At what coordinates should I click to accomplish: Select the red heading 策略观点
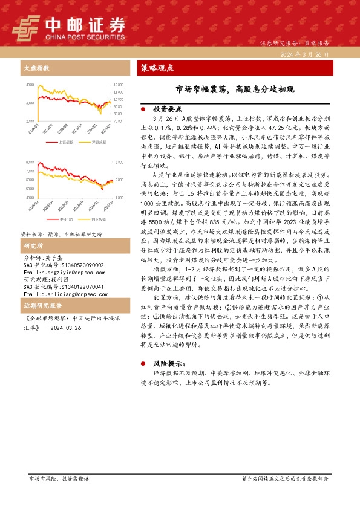[x=157, y=68]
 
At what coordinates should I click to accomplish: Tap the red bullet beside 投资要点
[x=142, y=109]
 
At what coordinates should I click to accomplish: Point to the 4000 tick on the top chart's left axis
[x=30, y=85]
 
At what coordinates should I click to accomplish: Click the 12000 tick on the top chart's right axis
[x=119, y=85]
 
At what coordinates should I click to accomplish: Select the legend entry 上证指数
[x=66, y=142]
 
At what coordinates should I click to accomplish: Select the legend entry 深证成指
[x=99, y=142]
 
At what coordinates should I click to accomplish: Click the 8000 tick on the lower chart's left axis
[x=30, y=163]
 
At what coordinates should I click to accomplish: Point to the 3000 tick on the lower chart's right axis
[x=117, y=163]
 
